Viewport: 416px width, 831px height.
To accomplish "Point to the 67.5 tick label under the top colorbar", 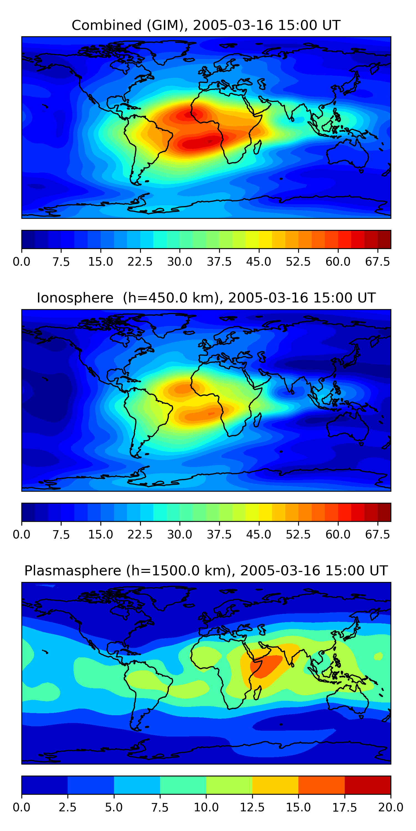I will click(377, 261).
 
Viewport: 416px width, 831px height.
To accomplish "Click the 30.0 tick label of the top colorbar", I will click(180, 261).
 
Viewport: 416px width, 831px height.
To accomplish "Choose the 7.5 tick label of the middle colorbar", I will click(61, 535).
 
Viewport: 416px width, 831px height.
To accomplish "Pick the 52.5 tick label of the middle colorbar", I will click(298, 535).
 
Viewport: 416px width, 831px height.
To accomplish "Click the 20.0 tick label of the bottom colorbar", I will click(390, 807).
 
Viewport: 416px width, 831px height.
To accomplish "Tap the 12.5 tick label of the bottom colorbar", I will click(252, 807).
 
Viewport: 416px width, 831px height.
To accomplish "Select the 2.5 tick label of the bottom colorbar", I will click(67, 807).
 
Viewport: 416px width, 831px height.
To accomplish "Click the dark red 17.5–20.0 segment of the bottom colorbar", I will click(367, 785).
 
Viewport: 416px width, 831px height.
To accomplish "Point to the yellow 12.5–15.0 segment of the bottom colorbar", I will click(275, 785).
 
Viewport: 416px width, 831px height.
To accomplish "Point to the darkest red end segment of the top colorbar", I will click(384, 239).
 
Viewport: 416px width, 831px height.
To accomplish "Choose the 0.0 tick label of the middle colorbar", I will click(22, 535).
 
